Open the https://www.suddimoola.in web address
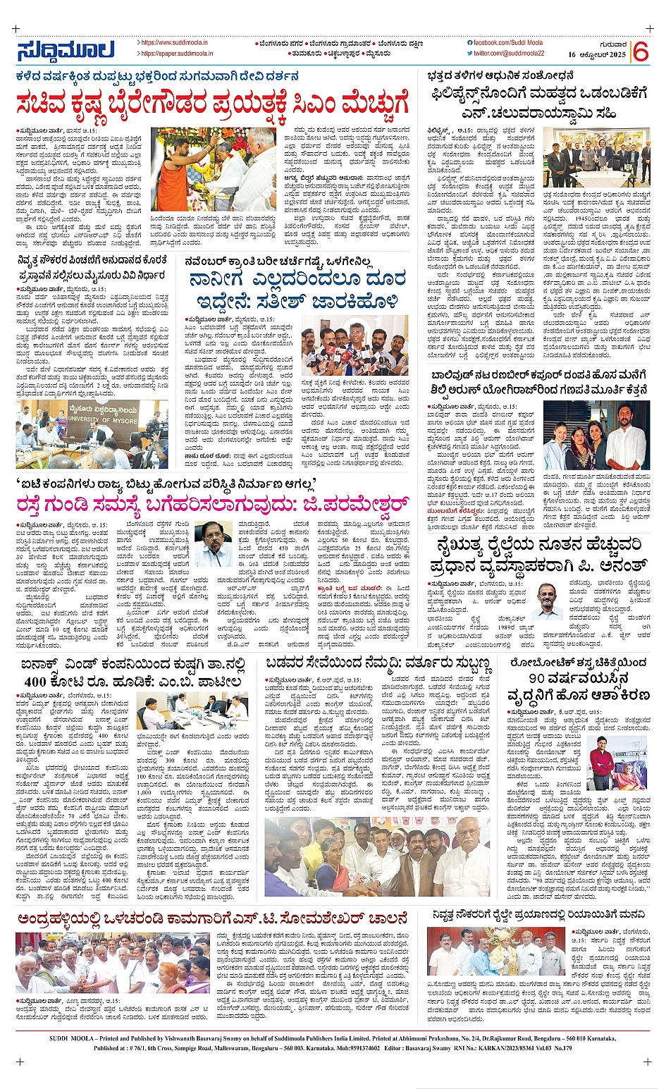173,43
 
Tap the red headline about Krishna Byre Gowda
212,105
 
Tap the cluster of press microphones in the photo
343,353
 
